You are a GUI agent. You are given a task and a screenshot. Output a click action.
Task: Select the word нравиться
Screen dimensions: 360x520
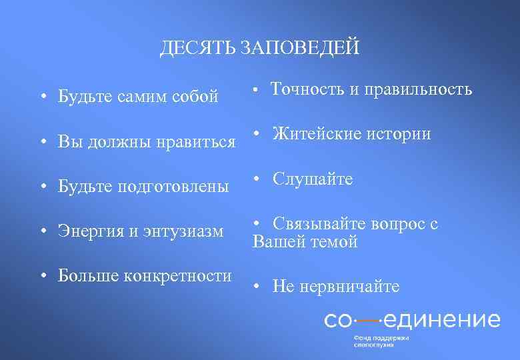click(x=198, y=141)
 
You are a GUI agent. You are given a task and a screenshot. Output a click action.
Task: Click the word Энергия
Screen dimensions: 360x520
click(x=89, y=232)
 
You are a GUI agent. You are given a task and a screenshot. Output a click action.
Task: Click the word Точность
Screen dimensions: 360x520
click(x=305, y=89)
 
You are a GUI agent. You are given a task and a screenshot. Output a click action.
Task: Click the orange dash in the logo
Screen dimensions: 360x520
click(x=366, y=320)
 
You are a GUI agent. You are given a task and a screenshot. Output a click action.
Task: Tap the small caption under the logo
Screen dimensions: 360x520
click(x=381, y=341)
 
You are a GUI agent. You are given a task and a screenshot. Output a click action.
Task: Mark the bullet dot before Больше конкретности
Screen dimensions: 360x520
click(x=42, y=276)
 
